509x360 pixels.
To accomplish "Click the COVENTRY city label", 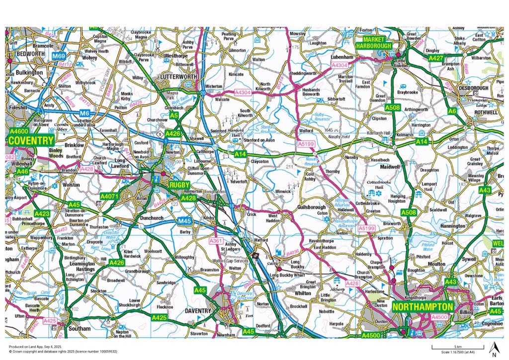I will tap(31, 141).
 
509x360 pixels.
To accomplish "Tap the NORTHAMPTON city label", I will tap(423, 307).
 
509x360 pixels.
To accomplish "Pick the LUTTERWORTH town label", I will tap(176, 77).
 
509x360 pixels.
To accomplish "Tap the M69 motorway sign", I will tap(60, 56).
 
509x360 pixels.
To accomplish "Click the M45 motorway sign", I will tap(184, 221).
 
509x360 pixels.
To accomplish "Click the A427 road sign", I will tap(422, 58).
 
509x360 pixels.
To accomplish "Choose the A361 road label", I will tap(216, 241).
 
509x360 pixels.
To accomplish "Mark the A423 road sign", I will tap(42, 213).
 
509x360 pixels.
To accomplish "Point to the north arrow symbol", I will tap(494, 349).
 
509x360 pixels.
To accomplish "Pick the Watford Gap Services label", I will tap(231, 261).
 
